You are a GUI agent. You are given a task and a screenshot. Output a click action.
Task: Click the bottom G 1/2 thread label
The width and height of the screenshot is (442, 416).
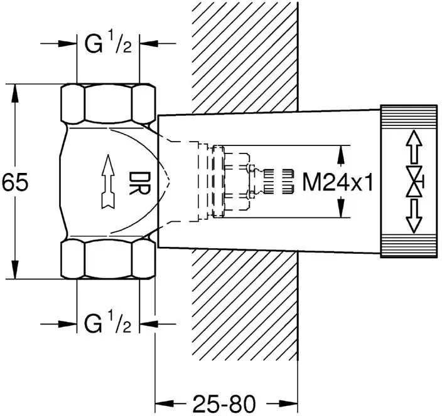coord(108,325)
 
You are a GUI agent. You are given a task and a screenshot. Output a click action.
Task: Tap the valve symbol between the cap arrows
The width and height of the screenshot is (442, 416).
coord(412,182)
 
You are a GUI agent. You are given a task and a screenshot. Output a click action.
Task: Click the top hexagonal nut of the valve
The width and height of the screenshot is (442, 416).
coord(108,103)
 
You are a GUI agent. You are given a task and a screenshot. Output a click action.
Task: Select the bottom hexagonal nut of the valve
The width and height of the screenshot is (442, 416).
coord(108,261)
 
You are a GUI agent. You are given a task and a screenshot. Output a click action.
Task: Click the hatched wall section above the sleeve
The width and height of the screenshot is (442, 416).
coord(245,56)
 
